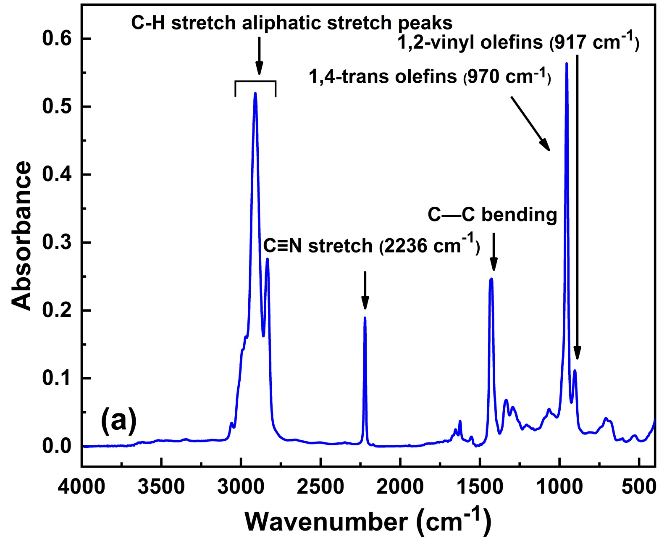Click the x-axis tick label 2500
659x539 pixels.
[320, 487]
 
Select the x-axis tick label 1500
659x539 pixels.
[480, 487]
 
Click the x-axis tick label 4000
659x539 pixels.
[81, 487]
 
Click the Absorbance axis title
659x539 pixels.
[22, 236]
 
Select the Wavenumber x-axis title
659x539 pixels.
[368, 521]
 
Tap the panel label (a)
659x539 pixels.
[119, 420]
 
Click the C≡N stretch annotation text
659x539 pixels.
[371, 245]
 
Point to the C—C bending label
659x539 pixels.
[492, 215]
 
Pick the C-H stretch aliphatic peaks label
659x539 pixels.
[291, 23]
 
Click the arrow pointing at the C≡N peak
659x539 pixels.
[365, 290]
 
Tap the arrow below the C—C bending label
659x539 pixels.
[494, 252]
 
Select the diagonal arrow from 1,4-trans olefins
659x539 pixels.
[530, 123]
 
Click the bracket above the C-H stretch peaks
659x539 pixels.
[255, 82]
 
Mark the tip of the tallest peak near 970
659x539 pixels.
[567, 63]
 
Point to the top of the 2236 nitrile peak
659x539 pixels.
[365, 318]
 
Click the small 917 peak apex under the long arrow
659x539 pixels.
[575, 371]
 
